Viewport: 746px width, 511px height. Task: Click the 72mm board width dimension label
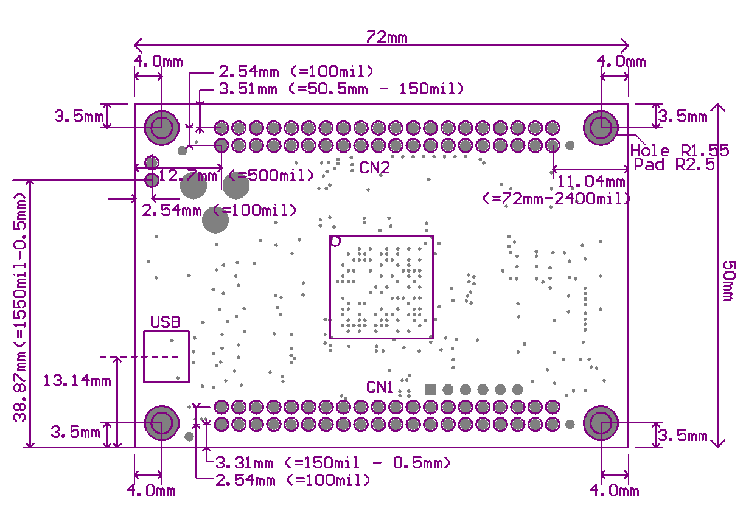(x=386, y=38)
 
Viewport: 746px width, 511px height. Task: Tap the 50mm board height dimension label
(x=729, y=280)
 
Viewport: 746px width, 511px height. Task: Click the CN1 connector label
(x=380, y=387)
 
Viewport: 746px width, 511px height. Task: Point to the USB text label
(x=165, y=322)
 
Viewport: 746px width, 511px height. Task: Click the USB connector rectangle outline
(x=166, y=356)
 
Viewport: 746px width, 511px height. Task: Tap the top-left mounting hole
(x=161, y=128)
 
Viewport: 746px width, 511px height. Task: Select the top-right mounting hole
(x=601, y=128)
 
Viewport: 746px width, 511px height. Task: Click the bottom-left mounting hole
(x=162, y=423)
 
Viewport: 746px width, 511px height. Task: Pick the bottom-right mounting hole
(x=601, y=423)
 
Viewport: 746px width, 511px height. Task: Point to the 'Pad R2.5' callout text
(x=674, y=165)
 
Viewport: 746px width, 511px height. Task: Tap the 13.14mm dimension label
(x=77, y=381)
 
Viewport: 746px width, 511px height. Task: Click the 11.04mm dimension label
(x=591, y=181)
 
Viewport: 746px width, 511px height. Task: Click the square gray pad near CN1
(x=431, y=389)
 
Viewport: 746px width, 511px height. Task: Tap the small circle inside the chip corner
(x=335, y=242)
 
